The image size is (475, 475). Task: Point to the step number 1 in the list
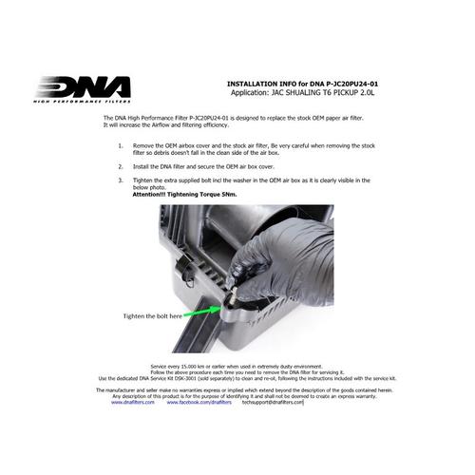pyautogui.click(x=120, y=147)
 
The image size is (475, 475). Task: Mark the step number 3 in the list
pyautogui.click(x=120, y=179)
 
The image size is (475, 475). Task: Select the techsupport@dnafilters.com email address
pyautogui.click(x=272, y=402)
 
